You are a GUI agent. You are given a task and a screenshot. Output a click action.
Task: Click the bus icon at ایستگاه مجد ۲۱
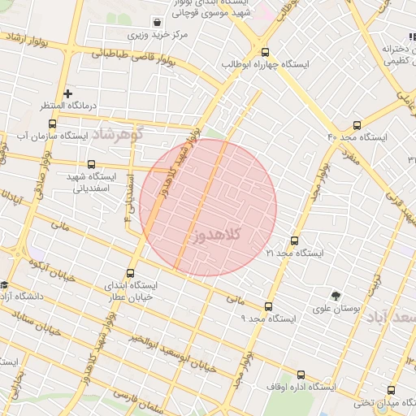click(294, 240)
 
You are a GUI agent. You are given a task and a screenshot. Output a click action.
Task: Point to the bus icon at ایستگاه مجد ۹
click(268, 306)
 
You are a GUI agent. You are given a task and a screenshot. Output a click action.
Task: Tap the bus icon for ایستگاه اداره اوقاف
click(301, 375)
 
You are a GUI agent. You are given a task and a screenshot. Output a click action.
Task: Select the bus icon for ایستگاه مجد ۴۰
click(357, 125)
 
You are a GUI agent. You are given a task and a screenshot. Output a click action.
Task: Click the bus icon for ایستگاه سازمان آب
click(53, 124)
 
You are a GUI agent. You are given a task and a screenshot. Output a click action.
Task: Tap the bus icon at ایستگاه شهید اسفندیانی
click(90, 163)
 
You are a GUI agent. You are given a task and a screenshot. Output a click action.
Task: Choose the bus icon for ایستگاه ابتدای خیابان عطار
click(132, 273)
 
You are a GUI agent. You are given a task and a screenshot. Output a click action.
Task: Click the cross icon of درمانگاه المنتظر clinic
click(67, 93)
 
